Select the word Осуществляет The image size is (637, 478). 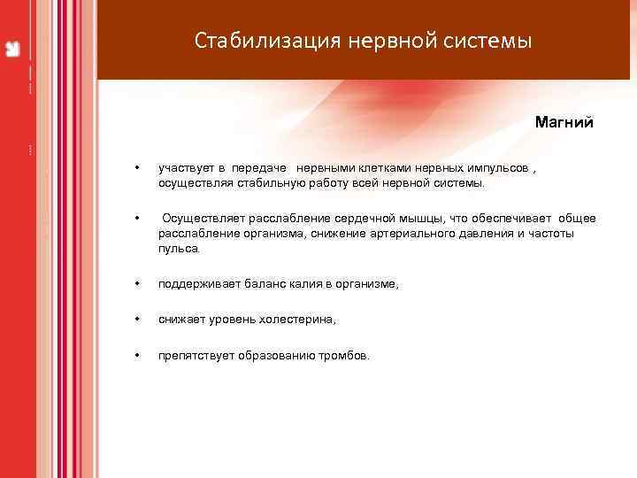tap(203, 218)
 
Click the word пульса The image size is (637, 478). tap(179, 250)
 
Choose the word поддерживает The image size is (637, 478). tap(196, 284)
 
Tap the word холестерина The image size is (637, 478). tap(299, 320)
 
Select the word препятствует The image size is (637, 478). tap(196, 355)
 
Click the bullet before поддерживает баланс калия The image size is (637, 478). tap(137, 284)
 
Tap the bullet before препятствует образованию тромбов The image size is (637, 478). tap(137, 355)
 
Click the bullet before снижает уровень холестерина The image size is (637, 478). tap(137, 320)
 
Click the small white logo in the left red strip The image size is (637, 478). tap(13, 48)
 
